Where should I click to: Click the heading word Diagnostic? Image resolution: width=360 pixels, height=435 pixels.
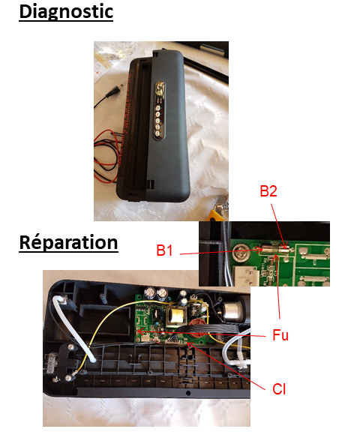tap(66, 12)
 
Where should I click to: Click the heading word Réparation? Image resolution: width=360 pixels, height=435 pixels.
tap(68, 242)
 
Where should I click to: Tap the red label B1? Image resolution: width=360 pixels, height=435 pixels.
tap(164, 250)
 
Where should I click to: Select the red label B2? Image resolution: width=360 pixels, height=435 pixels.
tap(268, 191)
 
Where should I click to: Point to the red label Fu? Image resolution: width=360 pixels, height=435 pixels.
tap(280, 334)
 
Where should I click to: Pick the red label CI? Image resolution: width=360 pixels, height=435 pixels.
tap(279, 389)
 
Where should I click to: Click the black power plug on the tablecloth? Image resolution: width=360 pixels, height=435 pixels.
tap(114, 91)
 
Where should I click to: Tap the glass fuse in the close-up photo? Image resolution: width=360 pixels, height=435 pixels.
tap(275, 249)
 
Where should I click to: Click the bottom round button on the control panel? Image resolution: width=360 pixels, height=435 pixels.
tap(157, 134)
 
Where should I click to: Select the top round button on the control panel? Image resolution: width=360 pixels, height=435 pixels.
tap(158, 108)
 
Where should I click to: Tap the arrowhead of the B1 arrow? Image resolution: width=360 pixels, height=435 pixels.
tap(260, 250)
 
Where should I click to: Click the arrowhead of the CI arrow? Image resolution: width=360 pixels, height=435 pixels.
tap(189, 344)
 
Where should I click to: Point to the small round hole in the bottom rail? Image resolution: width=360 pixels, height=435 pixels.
tap(188, 392)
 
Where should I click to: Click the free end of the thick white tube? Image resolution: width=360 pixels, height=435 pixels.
tap(93, 360)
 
